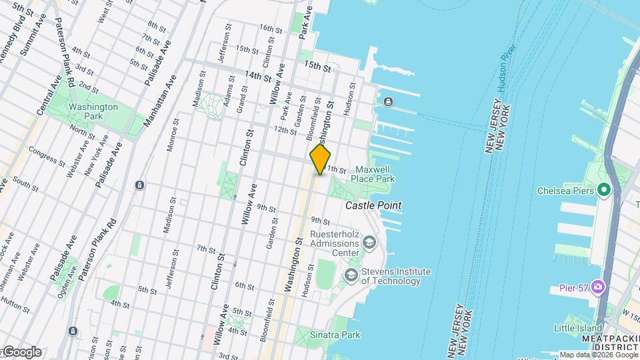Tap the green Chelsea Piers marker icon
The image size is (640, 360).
tap(605, 191)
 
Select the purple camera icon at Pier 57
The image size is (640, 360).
tap(598, 287)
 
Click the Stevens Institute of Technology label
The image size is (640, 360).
tap(395, 276)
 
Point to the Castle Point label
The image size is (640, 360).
tap(373, 206)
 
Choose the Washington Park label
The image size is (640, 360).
tap(93, 111)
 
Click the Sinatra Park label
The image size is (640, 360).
tap(338, 335)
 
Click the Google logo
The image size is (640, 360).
tap(21, 352)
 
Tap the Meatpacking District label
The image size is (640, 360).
tap(603, 344)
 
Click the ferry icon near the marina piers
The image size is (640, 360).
tap(389, 101)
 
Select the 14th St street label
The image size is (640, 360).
tap(259, 76)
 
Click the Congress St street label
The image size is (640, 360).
tap(47, 157)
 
